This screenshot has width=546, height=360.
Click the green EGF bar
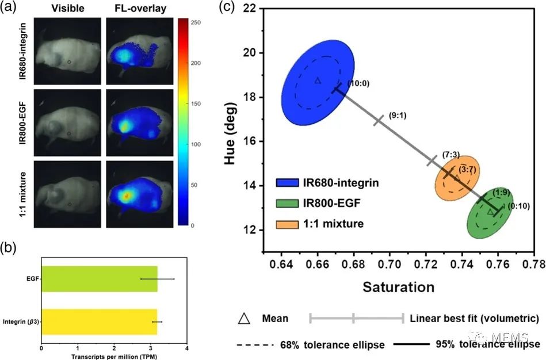coord(99,279)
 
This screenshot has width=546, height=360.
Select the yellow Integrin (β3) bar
coord(99,321)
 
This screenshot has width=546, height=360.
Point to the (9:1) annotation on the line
coord(398,114)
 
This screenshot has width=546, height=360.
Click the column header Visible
coord(68,10)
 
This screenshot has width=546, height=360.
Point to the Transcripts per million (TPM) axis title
coord(113,356)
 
